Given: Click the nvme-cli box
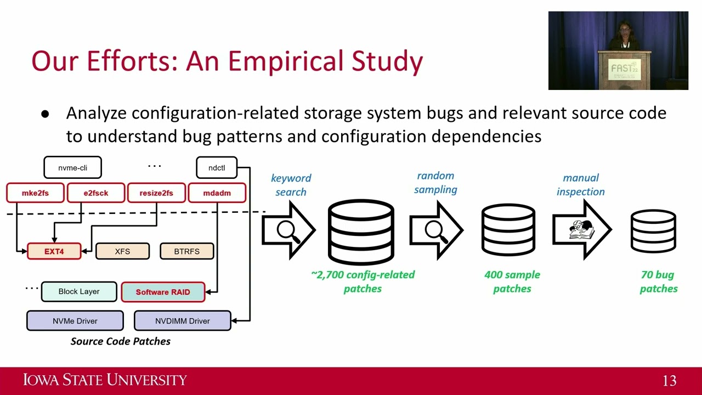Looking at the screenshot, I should point(72,168).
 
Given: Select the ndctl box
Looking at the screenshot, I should point(217,168).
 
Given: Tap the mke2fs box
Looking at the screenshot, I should point(35,193).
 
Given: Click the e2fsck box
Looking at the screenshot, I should point(96,193).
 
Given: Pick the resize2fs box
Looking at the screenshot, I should point(156,193).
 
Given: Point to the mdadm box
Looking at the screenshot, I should point(217,193).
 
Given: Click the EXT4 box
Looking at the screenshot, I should point(54,251).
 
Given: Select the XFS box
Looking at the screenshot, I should point(122,251).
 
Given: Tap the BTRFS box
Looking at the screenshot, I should point(186,251).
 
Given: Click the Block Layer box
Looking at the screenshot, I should point(79,291).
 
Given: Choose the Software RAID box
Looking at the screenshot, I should point(163,292).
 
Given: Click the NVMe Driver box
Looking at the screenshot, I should point(75,321).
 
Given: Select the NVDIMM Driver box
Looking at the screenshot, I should point(182,321).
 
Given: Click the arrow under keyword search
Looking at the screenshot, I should point(288,230).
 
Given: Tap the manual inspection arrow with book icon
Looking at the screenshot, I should point(581,230).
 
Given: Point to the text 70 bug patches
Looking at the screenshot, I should point(658,281).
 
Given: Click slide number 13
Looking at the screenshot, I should point(669,381).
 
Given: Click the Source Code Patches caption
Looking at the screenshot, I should point(121,341).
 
